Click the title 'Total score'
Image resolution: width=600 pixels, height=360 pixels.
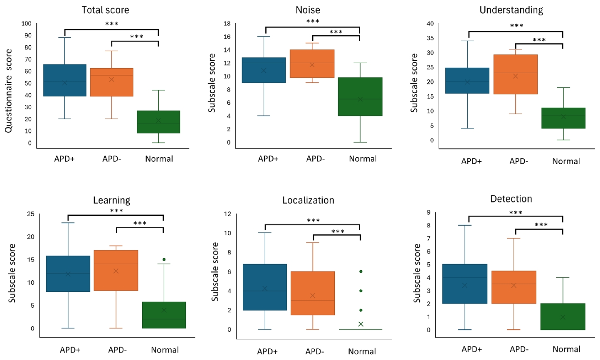click(105, 10)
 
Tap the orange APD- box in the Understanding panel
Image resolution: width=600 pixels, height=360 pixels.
click(516, 74)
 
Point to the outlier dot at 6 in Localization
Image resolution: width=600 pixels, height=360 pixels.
click(361, 271)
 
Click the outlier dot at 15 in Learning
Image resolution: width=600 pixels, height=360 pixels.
click(164, 259)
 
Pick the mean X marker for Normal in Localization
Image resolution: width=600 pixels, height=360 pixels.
click(361, 324)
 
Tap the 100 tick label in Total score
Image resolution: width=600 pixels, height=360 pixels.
click(27, 24)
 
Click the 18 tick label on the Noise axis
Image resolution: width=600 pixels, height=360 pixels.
click(227, 24)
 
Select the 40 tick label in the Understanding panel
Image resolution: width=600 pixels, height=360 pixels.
click(430, 24)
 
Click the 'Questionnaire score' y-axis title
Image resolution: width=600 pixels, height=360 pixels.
click(9, 91)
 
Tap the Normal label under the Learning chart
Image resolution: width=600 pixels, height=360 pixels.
click(165, 350)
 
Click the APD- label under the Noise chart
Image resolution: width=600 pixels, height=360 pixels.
click(315, 159)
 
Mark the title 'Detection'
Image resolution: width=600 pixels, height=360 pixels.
click(511, 199)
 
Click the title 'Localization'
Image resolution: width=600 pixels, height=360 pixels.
click(308, 200)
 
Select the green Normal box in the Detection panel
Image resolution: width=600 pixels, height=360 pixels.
click(563, 317)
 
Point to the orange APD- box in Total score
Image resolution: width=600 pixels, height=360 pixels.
click(111, 82)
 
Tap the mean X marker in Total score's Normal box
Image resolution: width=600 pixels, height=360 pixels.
click(158, 121)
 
